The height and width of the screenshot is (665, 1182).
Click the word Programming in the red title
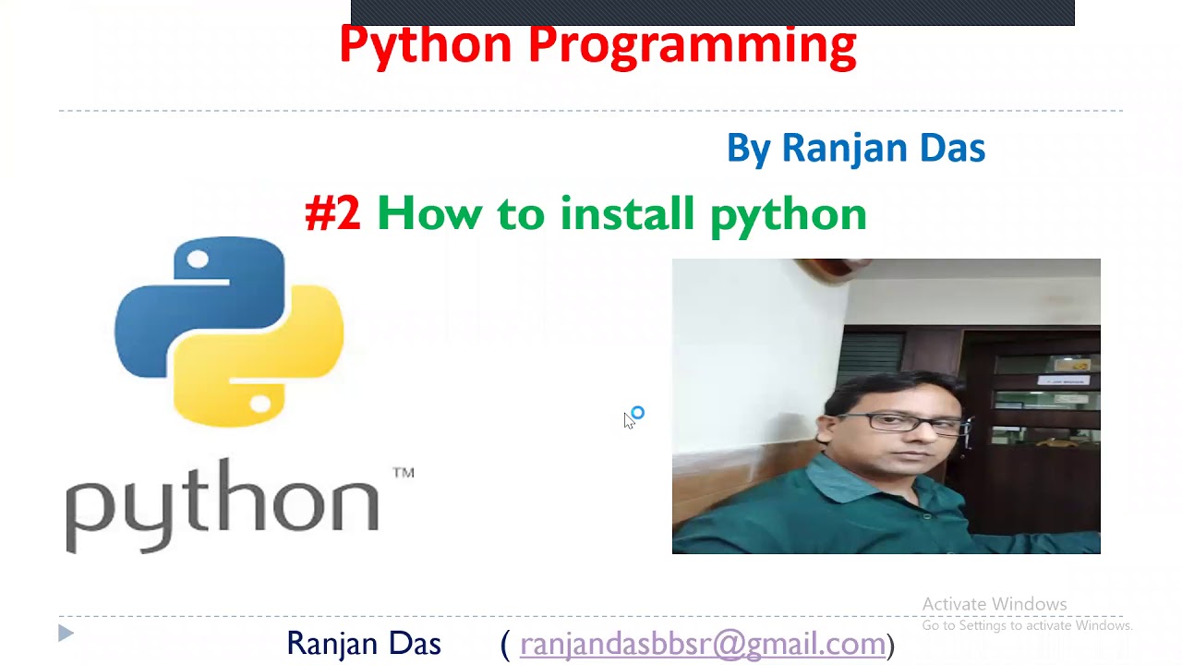[x=693, y=44]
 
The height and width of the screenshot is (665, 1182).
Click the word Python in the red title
[x=425, y=44]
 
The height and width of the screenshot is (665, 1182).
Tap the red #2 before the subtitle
[x=332, y=213]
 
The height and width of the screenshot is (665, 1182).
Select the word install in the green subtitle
[x=627, y=213]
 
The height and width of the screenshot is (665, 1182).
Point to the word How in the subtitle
[x=428, y=213]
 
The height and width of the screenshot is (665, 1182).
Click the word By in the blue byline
[x=748, y=149]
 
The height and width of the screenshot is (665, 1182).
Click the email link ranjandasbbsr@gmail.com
[x=703, y=644]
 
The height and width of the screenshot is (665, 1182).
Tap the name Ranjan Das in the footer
[x=364, y=644]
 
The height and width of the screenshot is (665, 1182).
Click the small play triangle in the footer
[x=66, y=634]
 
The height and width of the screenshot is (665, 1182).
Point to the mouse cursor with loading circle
[x=631, y=418]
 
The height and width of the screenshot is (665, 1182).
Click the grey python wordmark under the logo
[x=222, y=503]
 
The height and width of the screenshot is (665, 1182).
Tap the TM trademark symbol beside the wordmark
[x=404, y=473]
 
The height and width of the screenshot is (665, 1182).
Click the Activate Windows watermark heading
[x=995, y=604]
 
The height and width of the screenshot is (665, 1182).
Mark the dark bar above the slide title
[x=712, y=12]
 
